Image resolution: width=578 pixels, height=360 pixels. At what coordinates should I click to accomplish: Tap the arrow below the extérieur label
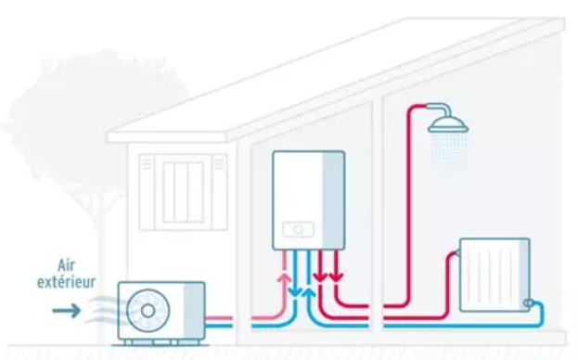[x=66, y=310]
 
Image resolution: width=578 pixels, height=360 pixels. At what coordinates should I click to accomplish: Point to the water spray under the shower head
[x=448, y=154]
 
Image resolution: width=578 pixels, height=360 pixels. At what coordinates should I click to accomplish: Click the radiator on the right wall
[x=494, y=276]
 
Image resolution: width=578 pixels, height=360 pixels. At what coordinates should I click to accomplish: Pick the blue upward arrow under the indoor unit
[x=309, y=292]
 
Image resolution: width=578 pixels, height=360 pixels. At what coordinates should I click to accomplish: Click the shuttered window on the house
[x=183, y=191]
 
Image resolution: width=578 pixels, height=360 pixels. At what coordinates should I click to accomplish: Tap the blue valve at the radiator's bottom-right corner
[x=529, y=302]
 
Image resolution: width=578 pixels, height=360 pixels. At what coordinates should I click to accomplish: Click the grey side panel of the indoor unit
[x=332, y=199]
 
